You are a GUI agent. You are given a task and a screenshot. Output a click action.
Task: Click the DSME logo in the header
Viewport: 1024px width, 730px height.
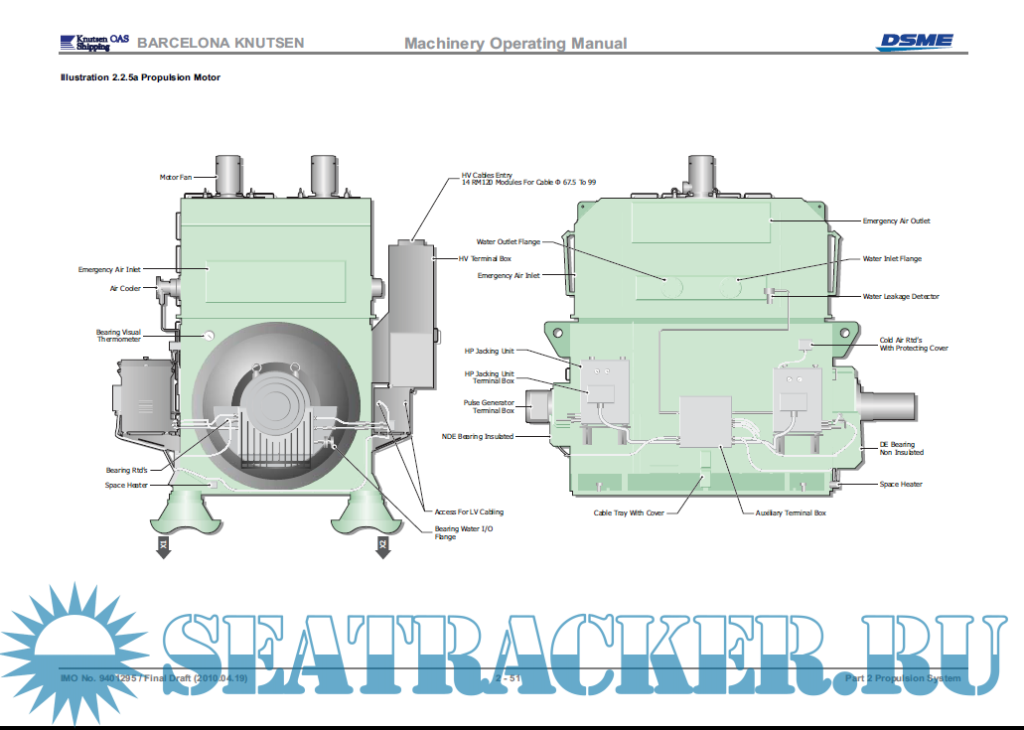(914, 41)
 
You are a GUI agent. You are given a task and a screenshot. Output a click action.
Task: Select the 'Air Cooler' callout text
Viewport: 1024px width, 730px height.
(125, 289)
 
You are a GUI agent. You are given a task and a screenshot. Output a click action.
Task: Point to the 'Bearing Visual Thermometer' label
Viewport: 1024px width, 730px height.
(118, 336)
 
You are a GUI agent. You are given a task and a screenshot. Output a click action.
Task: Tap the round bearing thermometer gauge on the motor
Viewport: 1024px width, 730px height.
(210, 335)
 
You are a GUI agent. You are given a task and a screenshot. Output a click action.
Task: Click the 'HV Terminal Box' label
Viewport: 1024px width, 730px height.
(485, 258)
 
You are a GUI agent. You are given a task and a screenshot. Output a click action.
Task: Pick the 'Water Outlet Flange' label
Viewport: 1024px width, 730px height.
(508, 241)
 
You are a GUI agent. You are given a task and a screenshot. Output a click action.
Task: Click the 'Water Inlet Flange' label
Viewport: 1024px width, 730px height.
(892, 259)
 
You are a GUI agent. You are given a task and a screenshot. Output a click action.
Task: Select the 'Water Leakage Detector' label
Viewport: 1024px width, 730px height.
(901, 296)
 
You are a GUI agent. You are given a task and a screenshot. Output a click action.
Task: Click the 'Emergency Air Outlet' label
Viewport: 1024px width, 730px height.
(896, 221)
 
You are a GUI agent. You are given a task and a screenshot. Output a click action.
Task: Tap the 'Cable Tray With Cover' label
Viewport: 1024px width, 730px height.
(628, 513)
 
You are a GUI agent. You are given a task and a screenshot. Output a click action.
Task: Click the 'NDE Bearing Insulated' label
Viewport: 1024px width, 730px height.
(478, 436)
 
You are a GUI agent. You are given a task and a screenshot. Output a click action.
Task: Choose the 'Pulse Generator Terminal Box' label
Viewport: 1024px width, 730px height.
(489, 406)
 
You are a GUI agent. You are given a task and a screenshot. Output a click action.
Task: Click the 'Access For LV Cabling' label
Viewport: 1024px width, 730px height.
(469, 512)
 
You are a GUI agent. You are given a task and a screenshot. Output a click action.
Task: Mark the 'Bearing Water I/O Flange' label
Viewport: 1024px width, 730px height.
(463, 533)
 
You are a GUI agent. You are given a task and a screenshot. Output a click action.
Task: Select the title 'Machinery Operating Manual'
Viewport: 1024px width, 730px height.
(515, 43)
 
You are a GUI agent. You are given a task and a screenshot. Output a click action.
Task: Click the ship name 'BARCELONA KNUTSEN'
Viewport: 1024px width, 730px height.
(220, 43)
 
